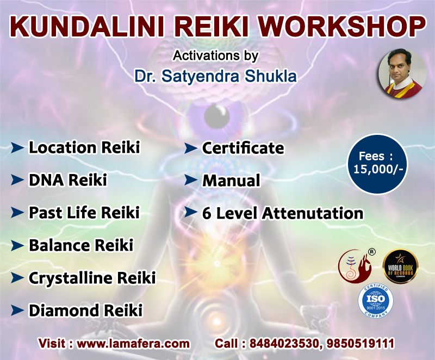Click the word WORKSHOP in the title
click(x=342, y=26)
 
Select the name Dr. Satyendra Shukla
click(x=215, y=76)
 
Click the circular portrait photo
click(x=402, y=74)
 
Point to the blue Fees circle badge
click(x=377, y=164)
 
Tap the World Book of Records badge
click(x=400, y=266)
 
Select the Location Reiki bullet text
click(x=84, y=147)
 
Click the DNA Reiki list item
click(x=68, y=179)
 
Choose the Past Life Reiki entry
click(x=84, y=213)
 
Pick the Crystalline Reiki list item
click(x=92, y=278)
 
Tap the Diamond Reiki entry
click(x=86, y=311)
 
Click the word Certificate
click(x=243, y=148)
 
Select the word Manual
click(x=232, y=181)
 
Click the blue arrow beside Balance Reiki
click(x=17, y=245)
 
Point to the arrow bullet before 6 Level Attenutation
click(x=191, y=213)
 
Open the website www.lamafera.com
click(x=133, y=344)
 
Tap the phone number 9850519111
click(x=361, y=343)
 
